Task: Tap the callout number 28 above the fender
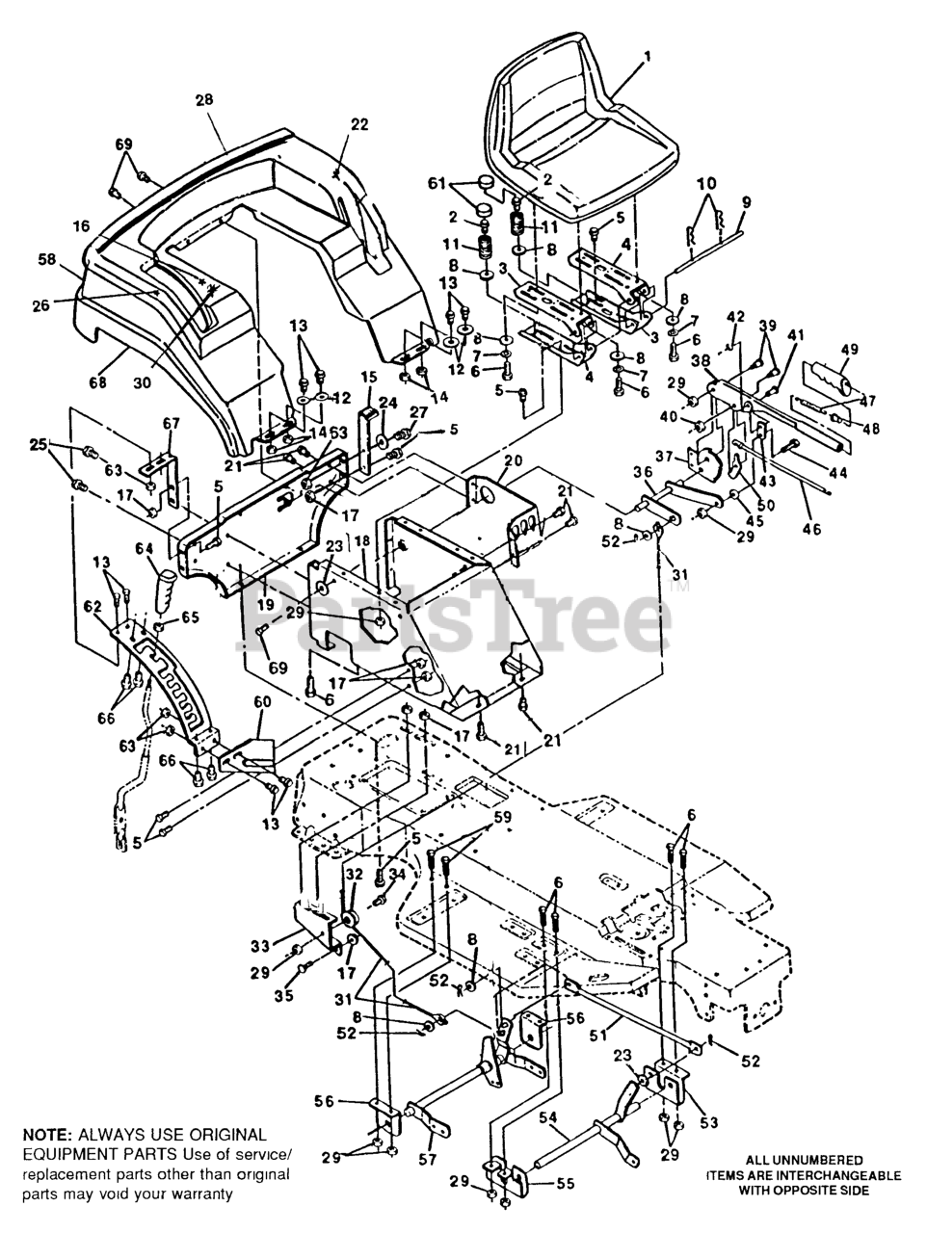[x=203, y=99]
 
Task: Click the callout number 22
[x=359, y=124]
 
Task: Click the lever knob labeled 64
[x=166, y=590]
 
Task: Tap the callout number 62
[x=93, y=608]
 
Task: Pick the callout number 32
[x=354, y=874]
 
